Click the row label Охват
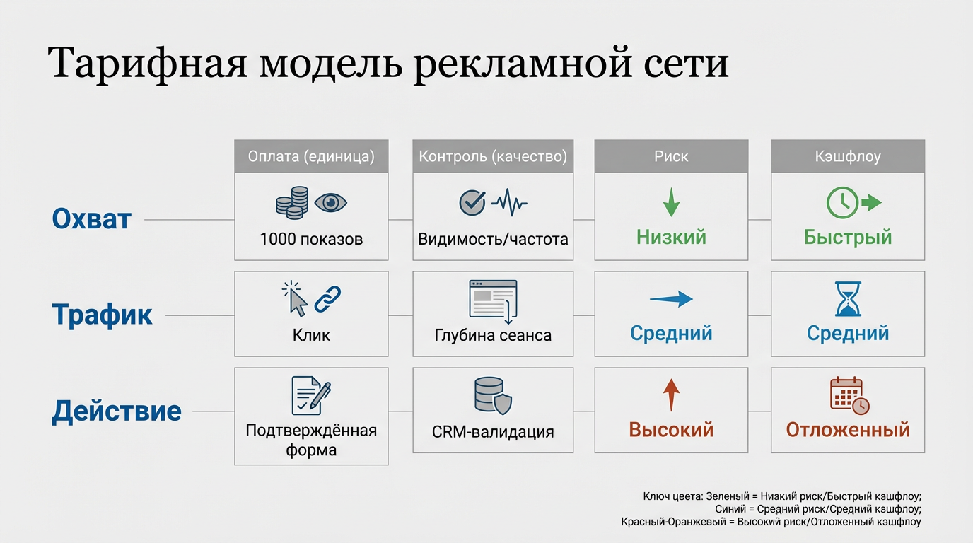click(92, 219)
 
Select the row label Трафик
click(103, 315)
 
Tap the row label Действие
click(117, 411)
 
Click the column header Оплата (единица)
click(311, 156)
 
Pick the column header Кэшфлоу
click(847, 156)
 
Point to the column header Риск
click(670, 156)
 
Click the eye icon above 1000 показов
click(331, 203)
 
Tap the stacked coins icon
click(292, 203)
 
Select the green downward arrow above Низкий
click(670, 203)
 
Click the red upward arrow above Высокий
click(670, 395)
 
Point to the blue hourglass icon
click(848, 299)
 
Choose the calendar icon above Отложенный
click(848, 395)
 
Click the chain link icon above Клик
click(327, 299)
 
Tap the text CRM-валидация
click(493, 431)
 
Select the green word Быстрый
click(848, 237)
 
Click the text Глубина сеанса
click(493, 335)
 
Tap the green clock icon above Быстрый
click(842, 203)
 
